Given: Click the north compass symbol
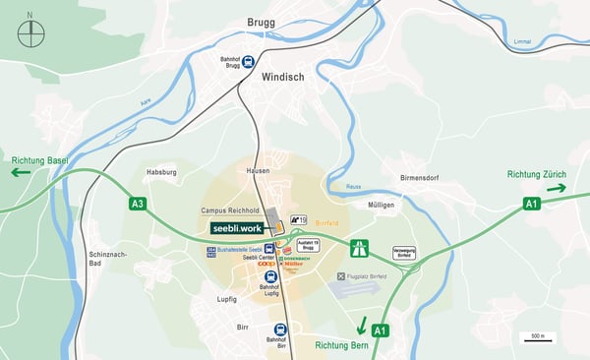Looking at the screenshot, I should tap(30, 33).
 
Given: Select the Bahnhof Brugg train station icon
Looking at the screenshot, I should tap(249, 61).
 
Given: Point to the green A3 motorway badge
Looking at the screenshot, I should tap(138, 205).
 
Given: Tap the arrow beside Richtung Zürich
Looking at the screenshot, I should tap(557, 188).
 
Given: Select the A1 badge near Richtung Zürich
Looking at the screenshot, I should tap(532, 204).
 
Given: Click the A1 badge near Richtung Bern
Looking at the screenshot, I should tap(380, 330).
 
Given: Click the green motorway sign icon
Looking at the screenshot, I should tap(360, 249).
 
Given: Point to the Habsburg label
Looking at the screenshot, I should tap(160, 170).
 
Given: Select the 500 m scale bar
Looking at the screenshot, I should tap(537, 337).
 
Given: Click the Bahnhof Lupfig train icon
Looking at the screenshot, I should tap(271, 276).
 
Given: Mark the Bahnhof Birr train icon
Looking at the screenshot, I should tap(281, 330).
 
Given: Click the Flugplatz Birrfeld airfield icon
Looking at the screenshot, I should tap(341, 277).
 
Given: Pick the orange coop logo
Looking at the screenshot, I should tap(265, 264).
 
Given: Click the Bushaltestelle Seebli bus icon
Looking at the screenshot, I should tap(268, 250).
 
